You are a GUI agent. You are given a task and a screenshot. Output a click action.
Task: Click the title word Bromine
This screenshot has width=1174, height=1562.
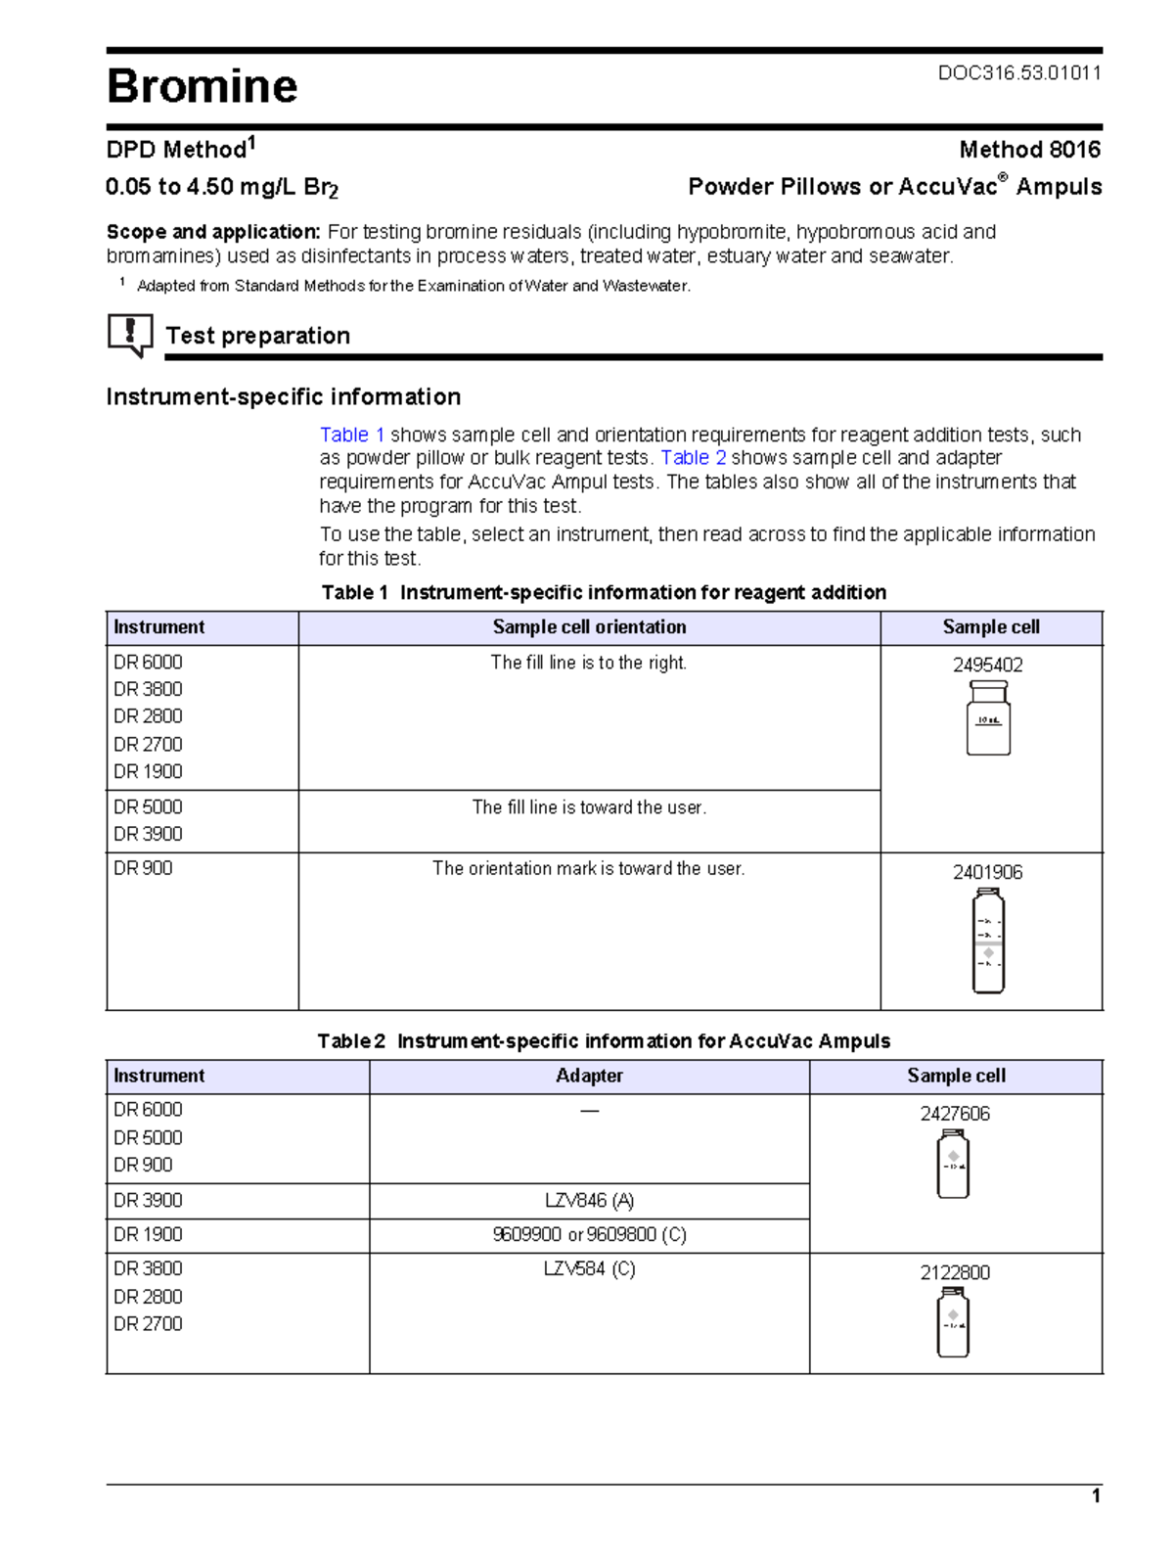click(202, 86)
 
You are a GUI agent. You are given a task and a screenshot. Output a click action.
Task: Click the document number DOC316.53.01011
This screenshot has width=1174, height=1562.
click(1019, 72)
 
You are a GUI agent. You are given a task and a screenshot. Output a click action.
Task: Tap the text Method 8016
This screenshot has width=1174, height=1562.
click(1029, 150)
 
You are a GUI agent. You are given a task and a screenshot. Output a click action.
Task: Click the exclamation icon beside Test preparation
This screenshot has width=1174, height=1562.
click(129, 335)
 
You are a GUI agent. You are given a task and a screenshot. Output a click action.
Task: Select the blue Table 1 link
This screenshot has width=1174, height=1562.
click(352, 435)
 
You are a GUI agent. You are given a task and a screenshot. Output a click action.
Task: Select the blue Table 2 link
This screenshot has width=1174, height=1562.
click(693, 458)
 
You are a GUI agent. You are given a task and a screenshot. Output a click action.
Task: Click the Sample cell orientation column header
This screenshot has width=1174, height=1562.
click(589, 627)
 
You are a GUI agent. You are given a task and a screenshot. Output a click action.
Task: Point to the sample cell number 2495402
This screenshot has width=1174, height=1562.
click(987, 666)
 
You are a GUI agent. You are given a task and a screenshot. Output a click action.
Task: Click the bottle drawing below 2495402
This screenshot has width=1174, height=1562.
click(988, 718)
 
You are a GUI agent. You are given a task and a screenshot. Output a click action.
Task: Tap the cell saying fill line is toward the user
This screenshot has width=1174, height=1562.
click(589, 807)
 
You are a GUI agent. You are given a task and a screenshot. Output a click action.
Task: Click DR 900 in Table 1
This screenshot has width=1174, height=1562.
click(143, 868)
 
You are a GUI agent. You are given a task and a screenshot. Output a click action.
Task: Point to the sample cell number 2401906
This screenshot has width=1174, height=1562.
click(987, 872)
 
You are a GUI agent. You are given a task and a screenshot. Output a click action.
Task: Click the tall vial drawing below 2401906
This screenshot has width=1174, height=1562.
click(988, 941)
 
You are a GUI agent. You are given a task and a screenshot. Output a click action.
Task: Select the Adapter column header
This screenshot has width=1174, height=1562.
click(589, 1076)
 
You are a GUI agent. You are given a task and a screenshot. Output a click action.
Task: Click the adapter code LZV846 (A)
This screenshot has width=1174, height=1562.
click(589, 1201)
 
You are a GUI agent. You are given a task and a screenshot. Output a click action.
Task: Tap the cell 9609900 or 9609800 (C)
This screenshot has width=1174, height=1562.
click(589, 1235)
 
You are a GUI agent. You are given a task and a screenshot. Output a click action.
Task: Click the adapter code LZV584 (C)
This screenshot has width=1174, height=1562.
click(589, 1269)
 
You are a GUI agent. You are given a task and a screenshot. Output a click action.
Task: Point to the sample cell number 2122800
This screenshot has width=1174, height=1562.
click(954, 1272)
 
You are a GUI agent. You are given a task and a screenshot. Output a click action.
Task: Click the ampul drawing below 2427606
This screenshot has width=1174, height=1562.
click(953, 1164)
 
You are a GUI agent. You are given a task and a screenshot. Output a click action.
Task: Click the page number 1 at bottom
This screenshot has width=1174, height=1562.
click(1096, 1495)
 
